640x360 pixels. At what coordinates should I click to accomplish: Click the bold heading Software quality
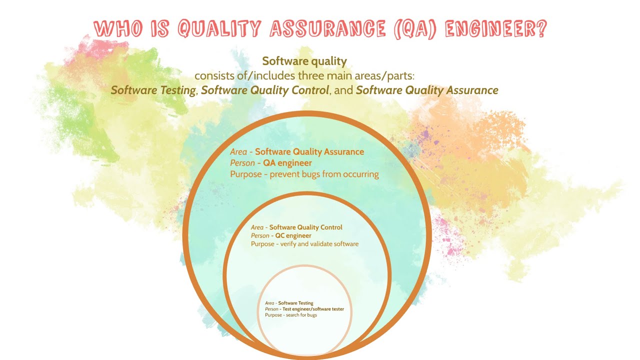(x=304, y=61)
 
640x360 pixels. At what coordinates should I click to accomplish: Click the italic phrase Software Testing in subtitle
(x=153, y=90)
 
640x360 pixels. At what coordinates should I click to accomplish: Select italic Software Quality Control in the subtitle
(x=265, y=90)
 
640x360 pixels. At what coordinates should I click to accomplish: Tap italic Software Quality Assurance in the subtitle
(x=427, y=90)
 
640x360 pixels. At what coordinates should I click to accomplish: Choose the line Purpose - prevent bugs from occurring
(x=304, y=174)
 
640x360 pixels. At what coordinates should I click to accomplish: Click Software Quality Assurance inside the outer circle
(x=309, y=151)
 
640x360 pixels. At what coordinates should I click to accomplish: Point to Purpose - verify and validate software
(x=304, y=244)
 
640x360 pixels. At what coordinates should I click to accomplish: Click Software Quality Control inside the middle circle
(x=306, y=227)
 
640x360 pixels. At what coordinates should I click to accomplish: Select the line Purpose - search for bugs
(x=291, y=315)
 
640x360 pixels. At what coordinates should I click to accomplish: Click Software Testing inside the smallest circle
(x=295, y=303)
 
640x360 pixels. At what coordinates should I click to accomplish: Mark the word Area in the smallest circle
(x=269, y=303)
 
